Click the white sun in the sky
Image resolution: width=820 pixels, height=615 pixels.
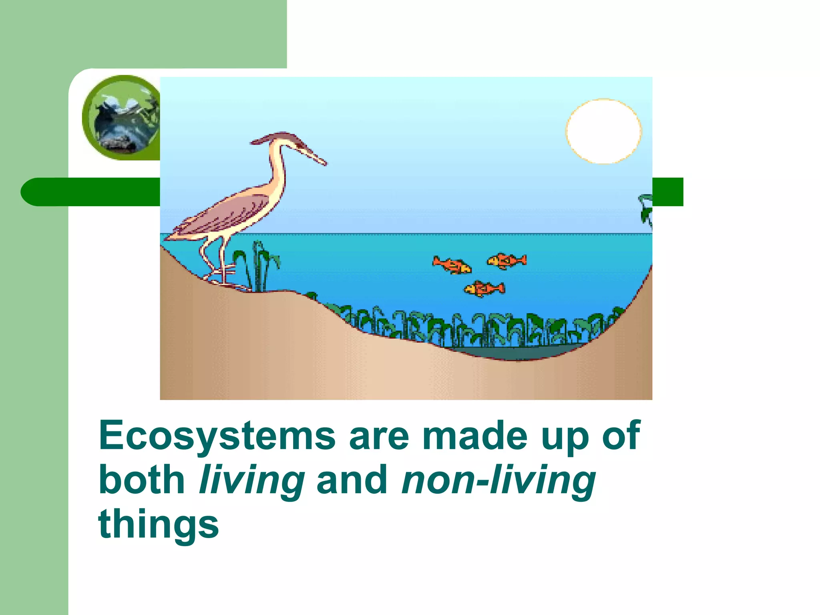pos(603,131)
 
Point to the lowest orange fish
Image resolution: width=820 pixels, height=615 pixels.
pos(484,289)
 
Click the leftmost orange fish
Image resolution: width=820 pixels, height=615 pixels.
pos(452,265)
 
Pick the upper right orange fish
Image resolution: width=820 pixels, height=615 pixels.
pos(506,261)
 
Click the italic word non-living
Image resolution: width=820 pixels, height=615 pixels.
pos(498,480)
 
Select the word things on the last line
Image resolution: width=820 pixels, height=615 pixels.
pos(159,524)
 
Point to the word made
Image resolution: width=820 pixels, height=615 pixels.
pos(475,436)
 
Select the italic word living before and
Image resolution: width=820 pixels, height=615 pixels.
pos(251,480)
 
